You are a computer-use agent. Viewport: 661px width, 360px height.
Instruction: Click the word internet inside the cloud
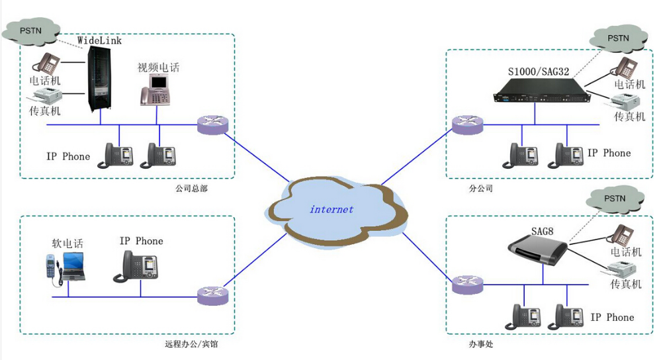pos(331,210)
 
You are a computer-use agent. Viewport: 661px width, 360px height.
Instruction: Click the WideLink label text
pos(100,41)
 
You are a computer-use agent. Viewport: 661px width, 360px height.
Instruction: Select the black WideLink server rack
pos(101,79)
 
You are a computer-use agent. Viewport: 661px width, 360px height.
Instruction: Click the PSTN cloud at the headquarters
pos(31,30)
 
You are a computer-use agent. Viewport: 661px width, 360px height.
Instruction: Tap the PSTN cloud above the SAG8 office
pos(615,198)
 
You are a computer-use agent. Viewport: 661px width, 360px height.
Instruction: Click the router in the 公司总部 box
pos(212,124)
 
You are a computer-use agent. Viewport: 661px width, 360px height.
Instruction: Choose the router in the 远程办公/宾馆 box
pos(212,295)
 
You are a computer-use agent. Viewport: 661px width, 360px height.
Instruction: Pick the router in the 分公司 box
pos(468,124)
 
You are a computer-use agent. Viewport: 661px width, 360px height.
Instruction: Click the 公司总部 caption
pos(191,189)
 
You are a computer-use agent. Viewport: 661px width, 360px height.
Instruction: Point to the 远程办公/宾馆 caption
pos(191,344)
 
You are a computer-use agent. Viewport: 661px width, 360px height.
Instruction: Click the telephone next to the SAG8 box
pos(621,236)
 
